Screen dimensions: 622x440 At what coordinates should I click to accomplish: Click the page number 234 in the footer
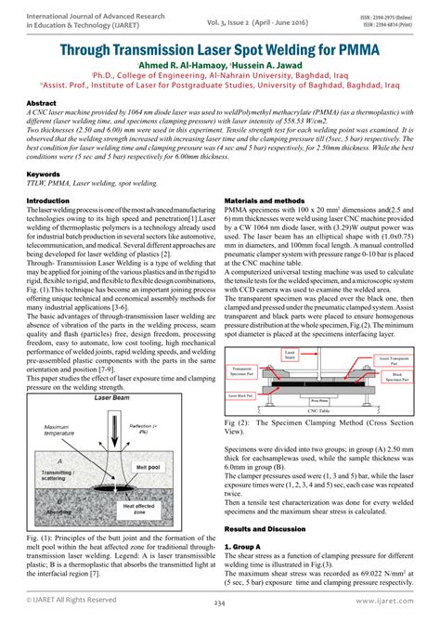pyautogui.click(x=220, y=604)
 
